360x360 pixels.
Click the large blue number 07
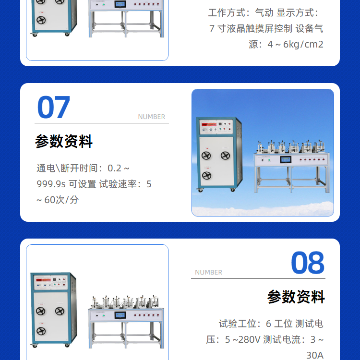tap(53, 107)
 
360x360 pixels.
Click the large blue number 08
tap(308, 263)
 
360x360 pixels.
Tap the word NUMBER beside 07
tap(152, 117)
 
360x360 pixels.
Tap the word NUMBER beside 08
tap(208, 272)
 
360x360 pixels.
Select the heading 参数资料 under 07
tap(64, 141)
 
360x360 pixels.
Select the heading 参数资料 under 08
tap(296, 297)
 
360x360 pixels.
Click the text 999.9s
tap(51, 184)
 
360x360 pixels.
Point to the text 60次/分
tap(61, 200)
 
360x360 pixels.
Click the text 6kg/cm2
tap(303, 44)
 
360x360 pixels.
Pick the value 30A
tap(315, 355)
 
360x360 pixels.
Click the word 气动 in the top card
tap(264, 12)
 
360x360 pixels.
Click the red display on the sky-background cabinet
tap(209, 124)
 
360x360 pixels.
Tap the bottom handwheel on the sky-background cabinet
tap(206, 176)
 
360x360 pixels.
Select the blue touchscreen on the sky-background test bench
tap(286, 159)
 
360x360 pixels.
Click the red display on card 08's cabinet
tap(43, 280)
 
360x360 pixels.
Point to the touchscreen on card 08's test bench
tap(120, 315)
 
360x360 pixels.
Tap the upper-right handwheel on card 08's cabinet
tap(60, 311)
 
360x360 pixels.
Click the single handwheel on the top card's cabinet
tap(41, 20)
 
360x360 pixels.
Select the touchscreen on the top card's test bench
tap(120, 4)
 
